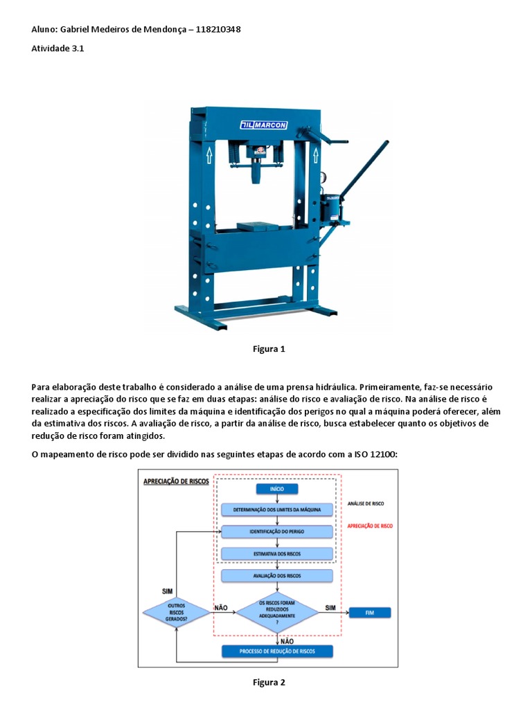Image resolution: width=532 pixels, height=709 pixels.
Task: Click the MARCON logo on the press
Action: point(267,125)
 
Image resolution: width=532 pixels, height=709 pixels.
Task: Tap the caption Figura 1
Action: point(269,349)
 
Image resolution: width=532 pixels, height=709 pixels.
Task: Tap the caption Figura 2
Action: point(269,682)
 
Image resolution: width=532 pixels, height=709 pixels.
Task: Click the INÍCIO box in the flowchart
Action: point(277,489)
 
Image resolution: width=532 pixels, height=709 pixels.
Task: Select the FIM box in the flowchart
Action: point(369,613)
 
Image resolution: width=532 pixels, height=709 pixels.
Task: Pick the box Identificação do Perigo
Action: point(277,532)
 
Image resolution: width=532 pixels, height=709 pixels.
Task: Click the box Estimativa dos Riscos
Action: point(277,554)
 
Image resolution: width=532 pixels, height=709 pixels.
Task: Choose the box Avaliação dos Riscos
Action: point(277,575)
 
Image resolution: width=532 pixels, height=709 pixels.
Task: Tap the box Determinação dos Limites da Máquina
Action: point(277,510)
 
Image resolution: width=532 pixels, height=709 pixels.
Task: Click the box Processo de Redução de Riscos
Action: point(277,652)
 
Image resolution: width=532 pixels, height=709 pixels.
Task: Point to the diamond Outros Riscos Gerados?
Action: point(176,612)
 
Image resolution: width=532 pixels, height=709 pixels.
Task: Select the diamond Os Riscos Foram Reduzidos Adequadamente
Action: point(277,611)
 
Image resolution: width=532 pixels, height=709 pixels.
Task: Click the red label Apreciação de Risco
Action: point(370,526)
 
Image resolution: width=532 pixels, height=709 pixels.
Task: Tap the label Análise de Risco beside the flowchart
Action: point(366,505)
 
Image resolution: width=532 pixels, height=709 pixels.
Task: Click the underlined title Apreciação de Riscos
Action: point(175,481)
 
